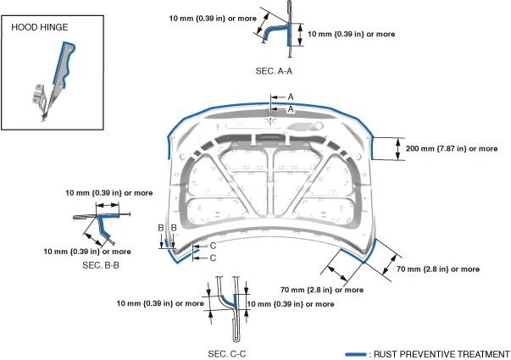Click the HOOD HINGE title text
point(40,27)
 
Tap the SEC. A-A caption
point(274,71)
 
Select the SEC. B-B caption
point(101,265)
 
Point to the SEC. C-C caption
point(227,354)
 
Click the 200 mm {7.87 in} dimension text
point(452,148)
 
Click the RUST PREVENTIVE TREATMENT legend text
point(442,354)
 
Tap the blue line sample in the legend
point(356,354)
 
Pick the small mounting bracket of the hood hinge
point(39,95)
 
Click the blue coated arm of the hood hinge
point(64,65)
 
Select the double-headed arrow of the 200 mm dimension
point(397,149)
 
